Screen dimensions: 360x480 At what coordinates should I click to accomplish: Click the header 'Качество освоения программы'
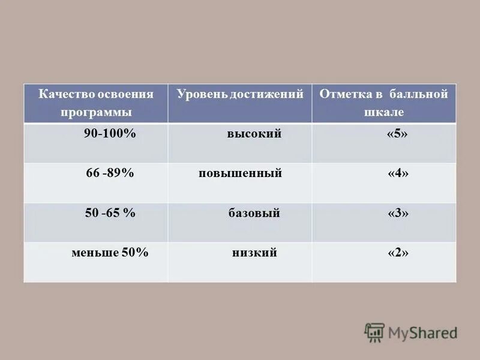96,103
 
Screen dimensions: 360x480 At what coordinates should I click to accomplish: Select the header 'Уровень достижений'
240,95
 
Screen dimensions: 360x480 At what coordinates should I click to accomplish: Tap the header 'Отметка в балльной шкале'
384,103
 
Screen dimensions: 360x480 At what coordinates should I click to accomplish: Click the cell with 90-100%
110,134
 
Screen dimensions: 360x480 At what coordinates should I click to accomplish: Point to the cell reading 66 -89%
110,173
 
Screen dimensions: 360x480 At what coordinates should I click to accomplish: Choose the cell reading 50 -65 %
110,213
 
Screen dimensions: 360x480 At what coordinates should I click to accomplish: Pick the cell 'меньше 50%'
110,253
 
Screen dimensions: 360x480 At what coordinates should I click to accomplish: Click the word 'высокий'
254,134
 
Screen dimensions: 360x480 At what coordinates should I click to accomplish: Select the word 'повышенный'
241,174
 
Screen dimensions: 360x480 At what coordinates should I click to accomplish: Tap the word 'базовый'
254,214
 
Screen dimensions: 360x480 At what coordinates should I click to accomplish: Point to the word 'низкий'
254,253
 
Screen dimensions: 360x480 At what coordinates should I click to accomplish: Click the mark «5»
397,134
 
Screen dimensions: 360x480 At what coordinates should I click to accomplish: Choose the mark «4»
398,174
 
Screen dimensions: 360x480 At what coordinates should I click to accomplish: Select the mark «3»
398,214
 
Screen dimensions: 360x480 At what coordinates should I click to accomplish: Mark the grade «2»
398,253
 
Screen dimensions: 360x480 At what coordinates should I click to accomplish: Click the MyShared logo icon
374,332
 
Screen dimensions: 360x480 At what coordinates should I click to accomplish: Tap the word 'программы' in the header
96,112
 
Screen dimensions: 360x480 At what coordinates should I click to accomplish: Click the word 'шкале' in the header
384,112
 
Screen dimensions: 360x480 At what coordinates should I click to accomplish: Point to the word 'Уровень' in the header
199,95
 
